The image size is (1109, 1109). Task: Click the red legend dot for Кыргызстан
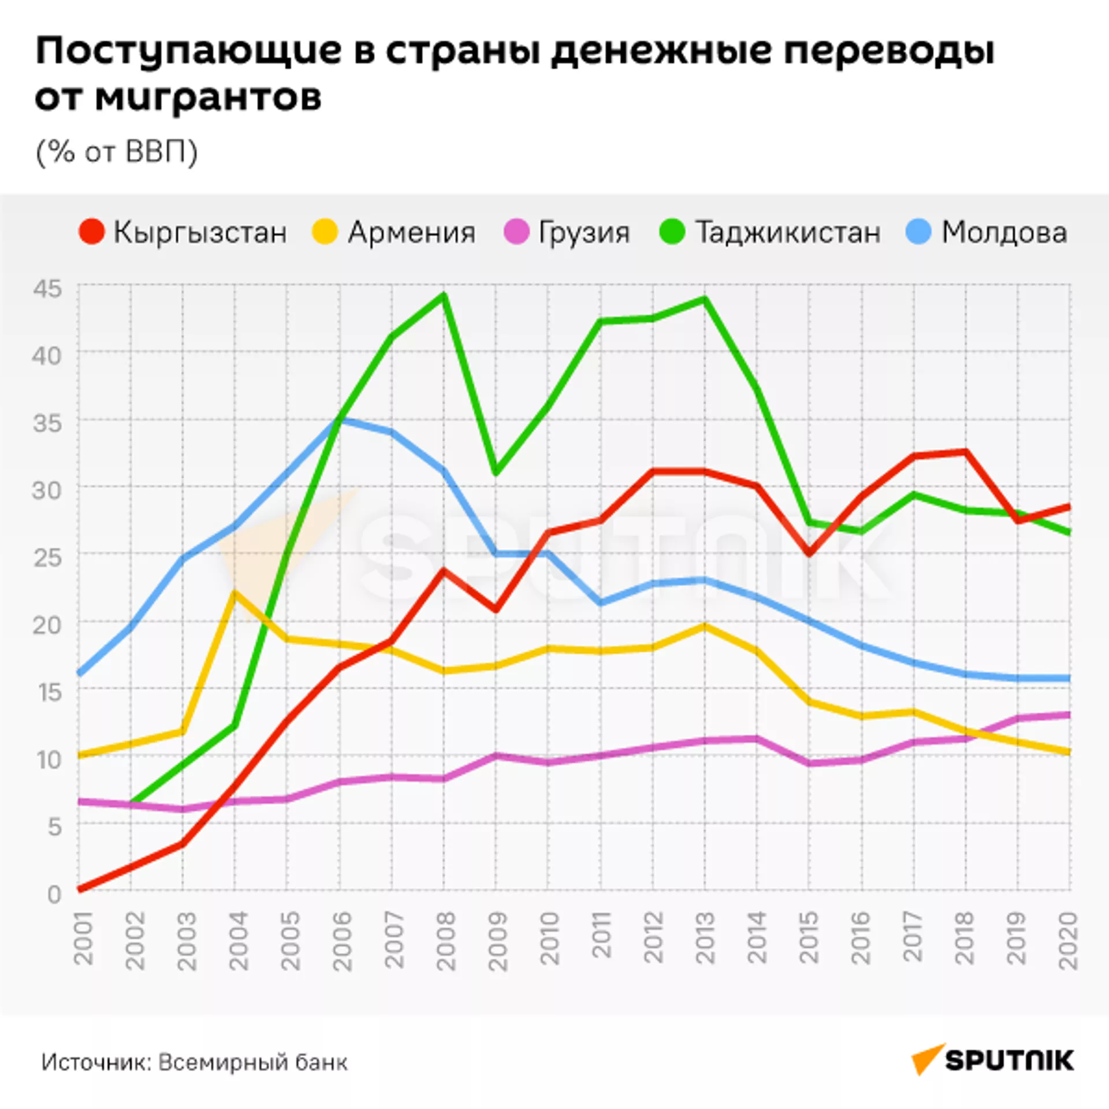point(91,232)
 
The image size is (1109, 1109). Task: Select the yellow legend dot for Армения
point(325,232)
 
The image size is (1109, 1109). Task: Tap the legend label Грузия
point(583,232)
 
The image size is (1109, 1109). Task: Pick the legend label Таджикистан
point(788,232)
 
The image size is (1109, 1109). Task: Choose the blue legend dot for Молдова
point(919,232)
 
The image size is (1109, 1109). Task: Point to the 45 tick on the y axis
point(47,288)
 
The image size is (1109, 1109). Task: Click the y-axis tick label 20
point(47,624)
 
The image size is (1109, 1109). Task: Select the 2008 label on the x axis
point(445,941)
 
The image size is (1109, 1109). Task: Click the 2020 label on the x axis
point(1069,941)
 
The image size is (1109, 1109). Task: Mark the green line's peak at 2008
point(444,296)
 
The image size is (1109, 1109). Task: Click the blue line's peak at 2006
point(340,419)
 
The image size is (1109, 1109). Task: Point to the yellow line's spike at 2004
point(235,593)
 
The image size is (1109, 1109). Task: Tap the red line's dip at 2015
point(809,553)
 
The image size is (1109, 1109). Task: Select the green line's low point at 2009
point(496,473)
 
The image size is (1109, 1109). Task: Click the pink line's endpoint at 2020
point(1069,715)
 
